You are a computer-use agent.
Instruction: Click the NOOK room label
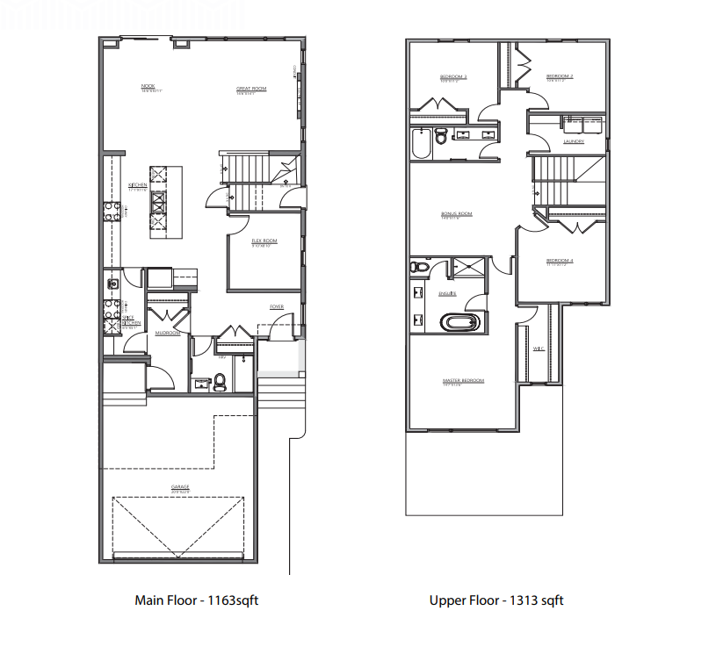click(x=148, y=85)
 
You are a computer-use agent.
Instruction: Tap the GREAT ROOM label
click(x=251, y=89)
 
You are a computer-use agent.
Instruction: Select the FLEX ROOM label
click(x=264, y=241)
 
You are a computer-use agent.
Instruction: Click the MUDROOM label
click(x=168, y=334)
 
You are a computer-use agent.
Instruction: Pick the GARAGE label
click(x=180, y=487)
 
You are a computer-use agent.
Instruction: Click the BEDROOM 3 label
click(x=452, y=77)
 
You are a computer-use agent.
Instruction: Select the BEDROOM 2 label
click(x=560, y=76)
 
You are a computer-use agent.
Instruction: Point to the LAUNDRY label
click(x=575, y=141)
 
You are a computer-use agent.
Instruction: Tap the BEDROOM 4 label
click(x=560, y=261)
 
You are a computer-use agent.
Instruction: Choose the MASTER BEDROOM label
click(x=463, y=380)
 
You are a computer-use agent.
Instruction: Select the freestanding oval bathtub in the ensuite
click(x=460, y=322)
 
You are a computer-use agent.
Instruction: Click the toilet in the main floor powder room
click(x=221, y=380)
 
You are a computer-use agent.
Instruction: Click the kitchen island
click(x=159, y=202)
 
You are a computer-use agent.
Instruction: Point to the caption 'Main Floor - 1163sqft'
click(x=196, y=601)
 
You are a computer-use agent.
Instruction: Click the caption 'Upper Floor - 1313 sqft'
click(x=496, y=601)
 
